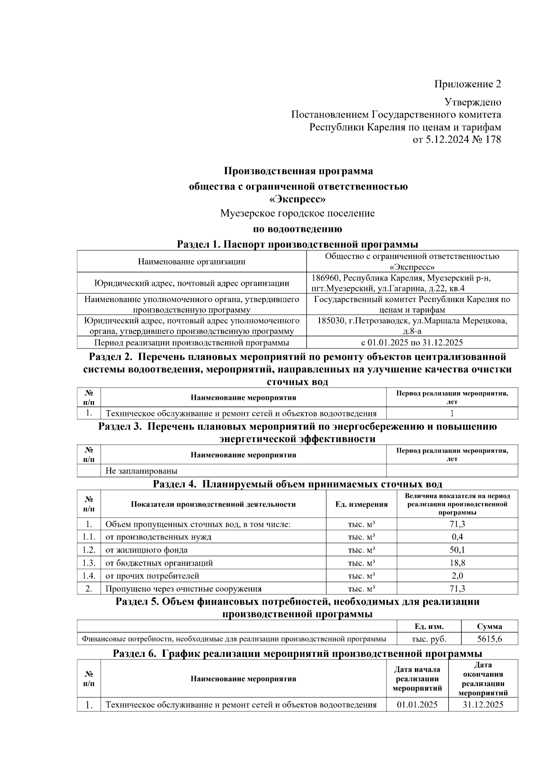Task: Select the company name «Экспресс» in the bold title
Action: click(297, 199)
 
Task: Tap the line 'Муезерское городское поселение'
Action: click(297, 213)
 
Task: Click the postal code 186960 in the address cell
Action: click(325, 278)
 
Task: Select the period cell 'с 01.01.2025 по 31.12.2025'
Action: click(412, 343)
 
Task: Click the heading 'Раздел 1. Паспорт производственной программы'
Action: click(297, 244)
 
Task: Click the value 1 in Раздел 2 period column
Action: click(452, 413)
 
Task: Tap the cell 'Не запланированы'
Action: click(141, 471)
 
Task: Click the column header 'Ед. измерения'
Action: click(361, 504)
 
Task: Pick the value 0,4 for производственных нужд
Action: click(457, 537)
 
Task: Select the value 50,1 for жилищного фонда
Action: click(457, 550)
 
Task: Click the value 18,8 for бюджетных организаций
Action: click(457, 563)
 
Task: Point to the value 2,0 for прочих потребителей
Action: click(457, 576)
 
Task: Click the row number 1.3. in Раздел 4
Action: click(89, 563)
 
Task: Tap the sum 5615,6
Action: click(490, 639)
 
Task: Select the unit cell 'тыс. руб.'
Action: click(429, 639)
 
